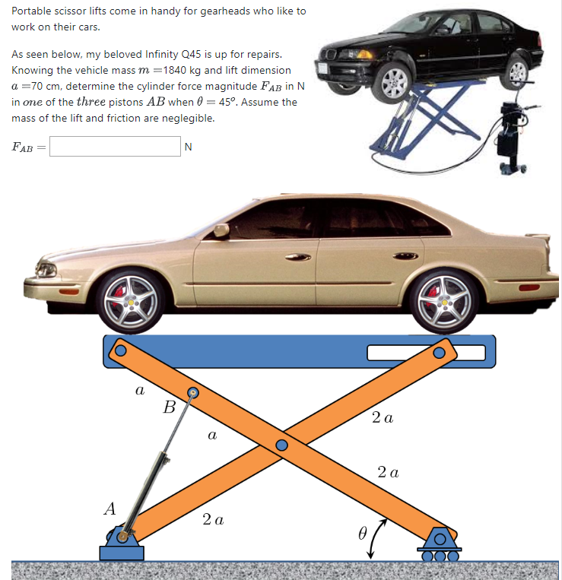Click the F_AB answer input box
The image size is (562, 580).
pos(115,146)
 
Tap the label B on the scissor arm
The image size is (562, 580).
pos(169,406)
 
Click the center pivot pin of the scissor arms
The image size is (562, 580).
pos(282,445)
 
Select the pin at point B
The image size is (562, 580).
pos(193,393)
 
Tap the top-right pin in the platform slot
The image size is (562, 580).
pos(439,353)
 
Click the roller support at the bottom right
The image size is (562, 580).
pos(441,544)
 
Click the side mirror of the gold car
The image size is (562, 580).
pos(221,230)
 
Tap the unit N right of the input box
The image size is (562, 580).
pos(188,147)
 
